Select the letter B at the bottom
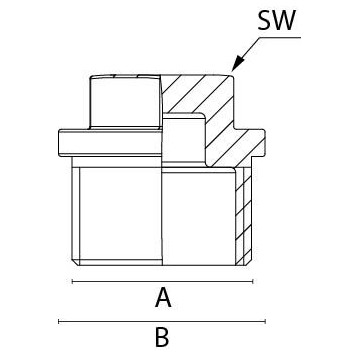point(161,338)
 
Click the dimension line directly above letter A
point(160,282)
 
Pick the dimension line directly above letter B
point(160,322)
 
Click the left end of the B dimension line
point(60,322)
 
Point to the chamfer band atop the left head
point(124,77)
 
